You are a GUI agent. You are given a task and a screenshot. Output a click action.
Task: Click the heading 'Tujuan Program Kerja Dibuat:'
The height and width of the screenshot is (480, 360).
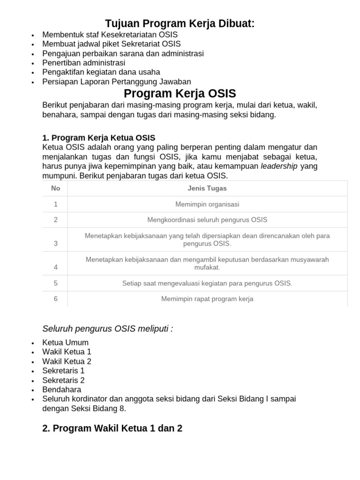click(180, 23)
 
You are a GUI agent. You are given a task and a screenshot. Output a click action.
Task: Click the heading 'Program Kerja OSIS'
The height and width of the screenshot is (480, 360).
click(180, 93)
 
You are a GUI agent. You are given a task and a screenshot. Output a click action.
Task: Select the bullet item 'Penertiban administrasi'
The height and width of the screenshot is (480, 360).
click(83, 63)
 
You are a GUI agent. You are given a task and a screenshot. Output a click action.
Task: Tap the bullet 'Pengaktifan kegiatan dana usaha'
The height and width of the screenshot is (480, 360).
click(101, 72)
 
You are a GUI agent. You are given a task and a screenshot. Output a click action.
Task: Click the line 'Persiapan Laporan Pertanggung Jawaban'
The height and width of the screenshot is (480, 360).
click(117, 82)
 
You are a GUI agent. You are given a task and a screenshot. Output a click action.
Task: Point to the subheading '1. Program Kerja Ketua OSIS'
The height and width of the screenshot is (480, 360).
click(98, 138)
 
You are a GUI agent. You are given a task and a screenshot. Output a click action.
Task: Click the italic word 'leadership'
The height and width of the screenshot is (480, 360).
click(279, 166)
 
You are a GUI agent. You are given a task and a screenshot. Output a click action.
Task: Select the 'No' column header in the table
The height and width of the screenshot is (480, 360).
click(56, 188)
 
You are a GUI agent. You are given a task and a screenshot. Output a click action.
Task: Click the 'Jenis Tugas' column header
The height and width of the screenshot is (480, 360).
click(207, 188)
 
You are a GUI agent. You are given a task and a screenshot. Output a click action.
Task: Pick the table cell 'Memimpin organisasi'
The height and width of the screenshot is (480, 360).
click(207, 204)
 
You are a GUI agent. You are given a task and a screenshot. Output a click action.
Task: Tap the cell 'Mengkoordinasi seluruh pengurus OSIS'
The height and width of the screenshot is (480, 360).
click(207, 220)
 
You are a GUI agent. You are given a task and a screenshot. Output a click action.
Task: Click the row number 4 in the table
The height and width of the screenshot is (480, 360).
click(56, 267)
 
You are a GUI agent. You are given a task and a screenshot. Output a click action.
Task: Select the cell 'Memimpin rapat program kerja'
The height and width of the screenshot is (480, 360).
click(207, 299)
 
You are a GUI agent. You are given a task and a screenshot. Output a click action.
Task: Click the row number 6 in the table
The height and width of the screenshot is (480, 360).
click(56, 299)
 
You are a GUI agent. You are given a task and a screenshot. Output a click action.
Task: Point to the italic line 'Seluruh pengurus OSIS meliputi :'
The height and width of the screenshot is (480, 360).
click(107, 329)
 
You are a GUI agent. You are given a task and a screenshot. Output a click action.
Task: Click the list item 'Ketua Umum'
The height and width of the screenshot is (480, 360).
click(65, 343)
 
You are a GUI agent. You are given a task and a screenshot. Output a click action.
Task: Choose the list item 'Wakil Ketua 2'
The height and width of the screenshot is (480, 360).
click(67, 361)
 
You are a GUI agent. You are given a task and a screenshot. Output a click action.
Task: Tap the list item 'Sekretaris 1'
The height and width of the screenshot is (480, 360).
click(63, 371)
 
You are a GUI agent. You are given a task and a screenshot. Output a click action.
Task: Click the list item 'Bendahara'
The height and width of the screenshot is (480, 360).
click(61, 390)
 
